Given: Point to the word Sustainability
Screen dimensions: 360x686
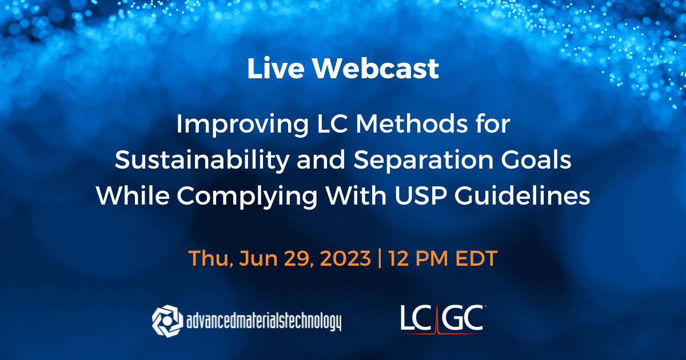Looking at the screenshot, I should [196, 161].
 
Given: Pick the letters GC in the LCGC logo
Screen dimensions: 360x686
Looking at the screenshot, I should [462, 318].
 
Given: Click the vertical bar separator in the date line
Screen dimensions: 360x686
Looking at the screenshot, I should [380, 258].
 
